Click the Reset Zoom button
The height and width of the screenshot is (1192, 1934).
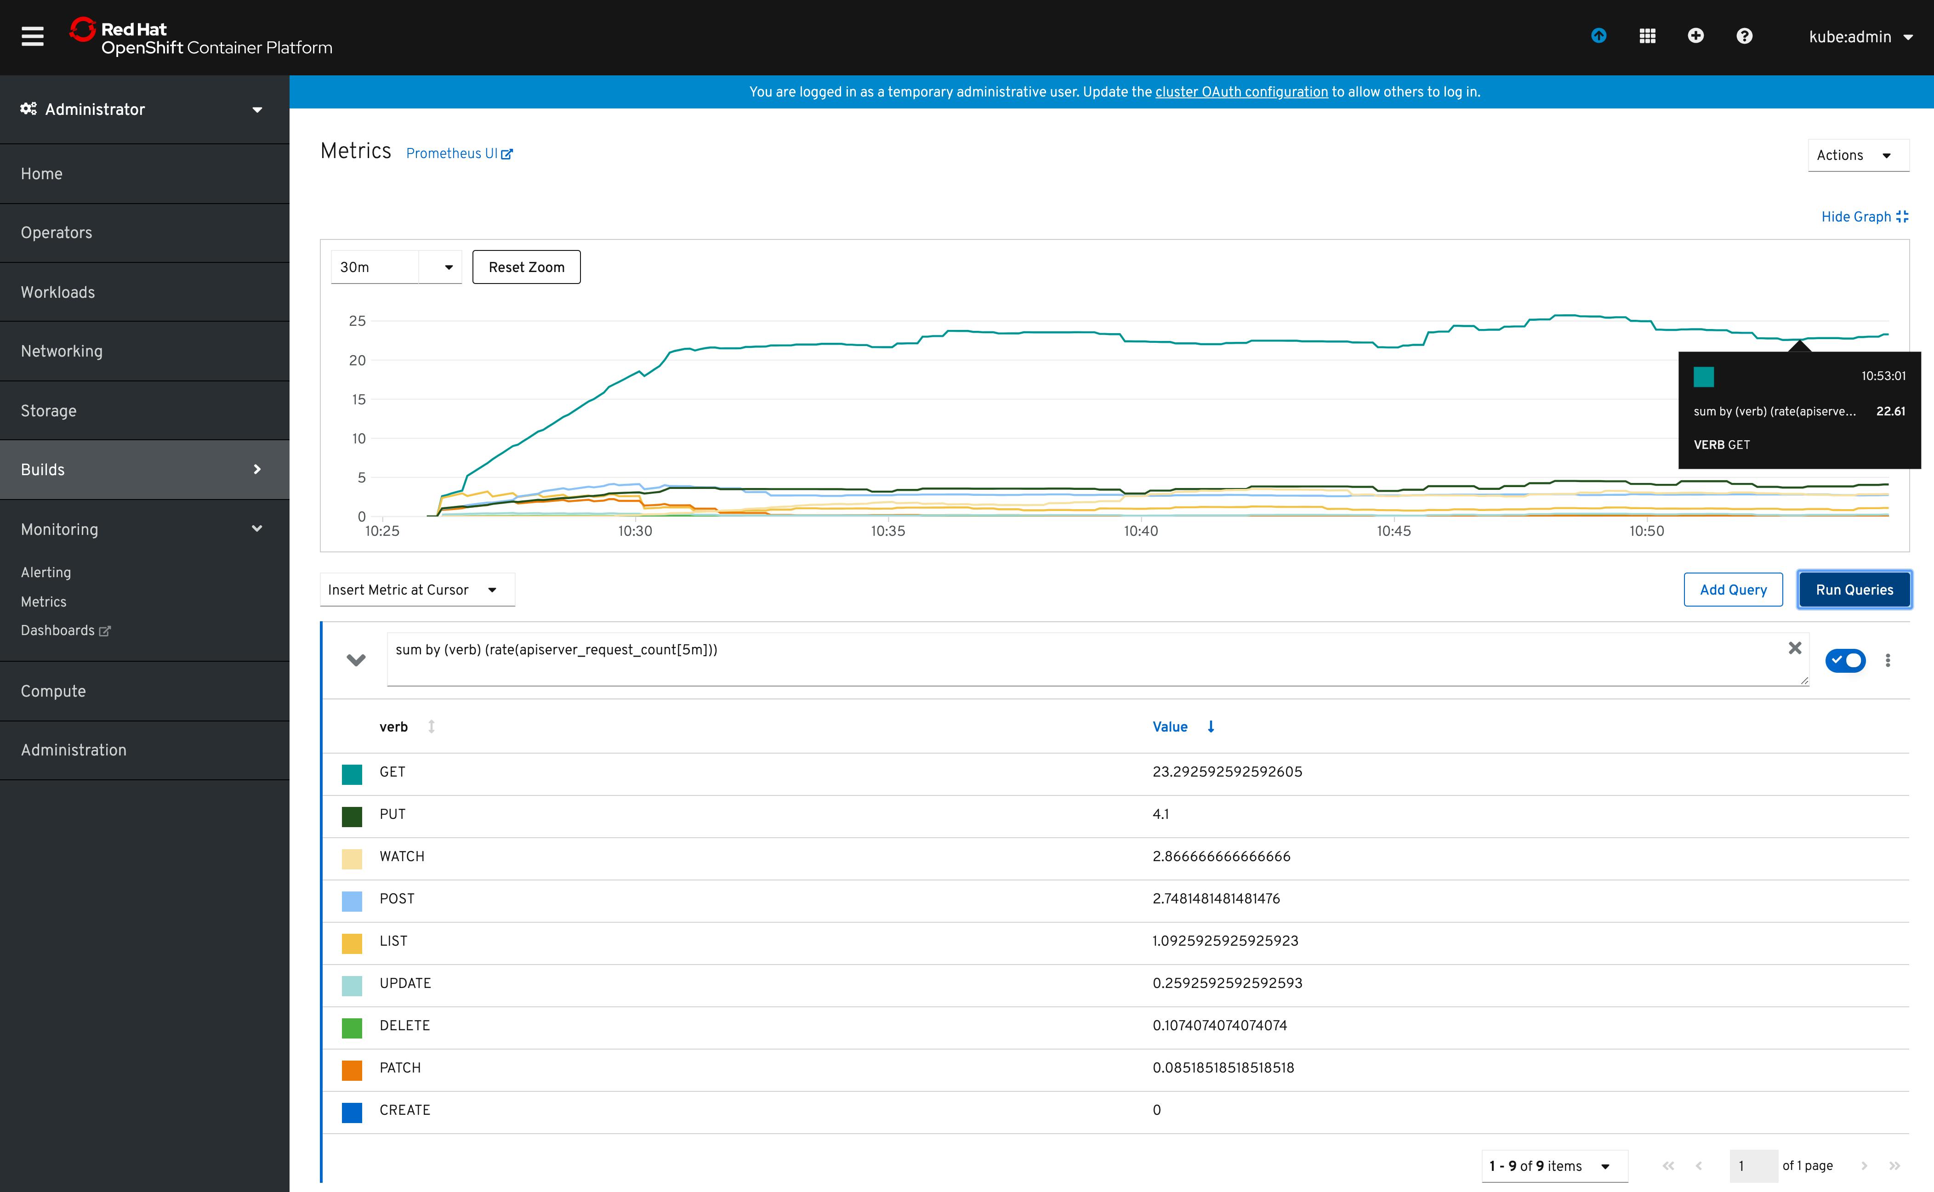point(526,267)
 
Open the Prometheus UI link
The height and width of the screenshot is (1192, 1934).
point(459,154)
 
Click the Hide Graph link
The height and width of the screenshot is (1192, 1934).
point(1864,217)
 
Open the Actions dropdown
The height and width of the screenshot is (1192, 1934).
point(1857,155)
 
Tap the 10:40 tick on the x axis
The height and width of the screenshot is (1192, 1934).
point(1141,531)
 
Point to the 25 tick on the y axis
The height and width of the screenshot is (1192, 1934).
point(357,321)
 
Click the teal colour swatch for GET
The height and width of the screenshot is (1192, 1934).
point(352,774)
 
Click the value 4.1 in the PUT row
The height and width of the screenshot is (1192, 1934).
point(1160,814)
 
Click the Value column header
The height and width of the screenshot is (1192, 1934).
point(1170,727)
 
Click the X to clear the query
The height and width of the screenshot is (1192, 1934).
point(1794,648)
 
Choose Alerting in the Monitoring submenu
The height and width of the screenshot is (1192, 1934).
point(46,573)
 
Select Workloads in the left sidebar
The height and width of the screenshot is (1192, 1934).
point(57,292)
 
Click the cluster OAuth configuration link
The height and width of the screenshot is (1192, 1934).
point(1241,92)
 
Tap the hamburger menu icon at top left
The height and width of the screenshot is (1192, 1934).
point(32,36)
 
